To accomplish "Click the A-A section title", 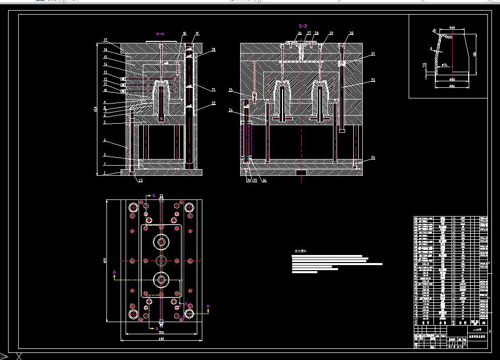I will (160, 34).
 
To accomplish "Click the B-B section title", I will (303, 25).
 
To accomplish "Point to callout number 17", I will (105, 40).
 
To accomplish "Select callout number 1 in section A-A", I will (104, 173).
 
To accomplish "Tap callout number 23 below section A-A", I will (140, 180).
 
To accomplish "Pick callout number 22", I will (213, 104).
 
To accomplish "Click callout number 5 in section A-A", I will (104, 122).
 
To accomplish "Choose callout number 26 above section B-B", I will (300, 33).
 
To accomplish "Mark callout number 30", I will (351, 33).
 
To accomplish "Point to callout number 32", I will (373, 80).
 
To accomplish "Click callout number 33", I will (373, 158).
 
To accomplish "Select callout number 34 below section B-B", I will (264, 180).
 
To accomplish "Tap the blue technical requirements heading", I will (301, 250).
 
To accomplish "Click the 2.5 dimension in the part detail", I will (424, 65).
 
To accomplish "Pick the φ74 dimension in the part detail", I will (444, 65).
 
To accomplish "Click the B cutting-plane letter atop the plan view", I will (154, 194).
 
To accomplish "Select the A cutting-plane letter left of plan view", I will (114, 272).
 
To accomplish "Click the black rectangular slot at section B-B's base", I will (301, 173).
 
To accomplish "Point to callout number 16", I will (105, 50).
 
